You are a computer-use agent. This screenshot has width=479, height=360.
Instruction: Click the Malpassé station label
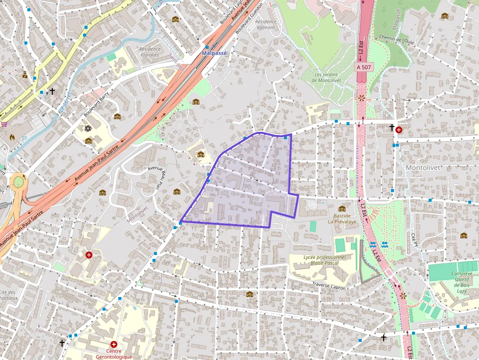click(x=215, y=53)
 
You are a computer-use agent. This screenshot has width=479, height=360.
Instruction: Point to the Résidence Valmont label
click(x=266, y=24)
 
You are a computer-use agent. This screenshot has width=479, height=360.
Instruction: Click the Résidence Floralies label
click(x=150, y=52)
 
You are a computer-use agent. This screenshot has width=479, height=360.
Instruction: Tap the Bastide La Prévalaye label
click(x=342, y=218)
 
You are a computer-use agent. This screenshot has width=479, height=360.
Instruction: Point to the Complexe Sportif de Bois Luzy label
click(x=461, y=279)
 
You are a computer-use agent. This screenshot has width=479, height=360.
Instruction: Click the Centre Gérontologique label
click(x=113, y=354)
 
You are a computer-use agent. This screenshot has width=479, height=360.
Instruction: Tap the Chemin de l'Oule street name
click(x=396, y=40)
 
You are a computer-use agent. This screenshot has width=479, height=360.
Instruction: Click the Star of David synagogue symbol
click(x=88, y=128)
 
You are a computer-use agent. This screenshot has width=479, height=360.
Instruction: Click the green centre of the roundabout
click(x=18, y=182)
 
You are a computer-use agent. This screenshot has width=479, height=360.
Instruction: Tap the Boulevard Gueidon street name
click(x=250, y=19)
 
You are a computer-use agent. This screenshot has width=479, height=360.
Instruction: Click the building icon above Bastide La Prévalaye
click(x=342, y=209)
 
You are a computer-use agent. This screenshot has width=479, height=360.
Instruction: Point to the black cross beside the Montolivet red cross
click(x=392, y=128)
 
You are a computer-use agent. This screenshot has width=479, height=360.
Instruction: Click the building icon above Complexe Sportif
click(x=463, y=235)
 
